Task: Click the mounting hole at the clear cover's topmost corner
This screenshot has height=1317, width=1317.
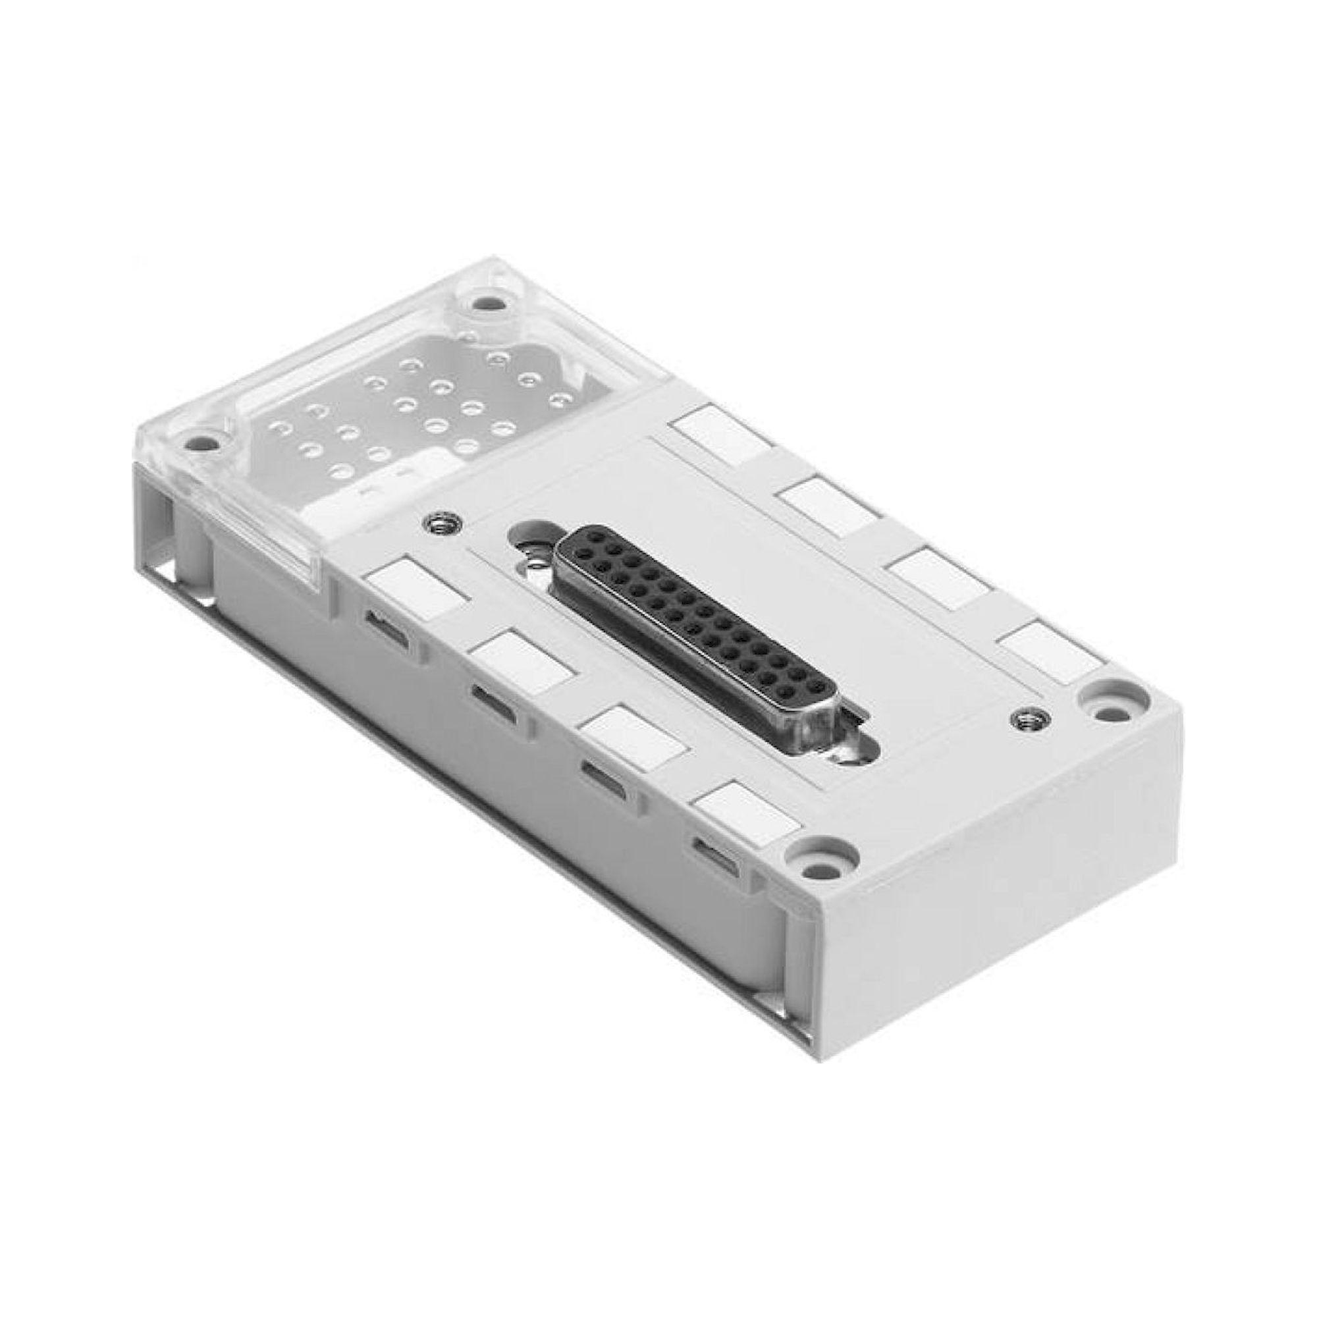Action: click(485, 302)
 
